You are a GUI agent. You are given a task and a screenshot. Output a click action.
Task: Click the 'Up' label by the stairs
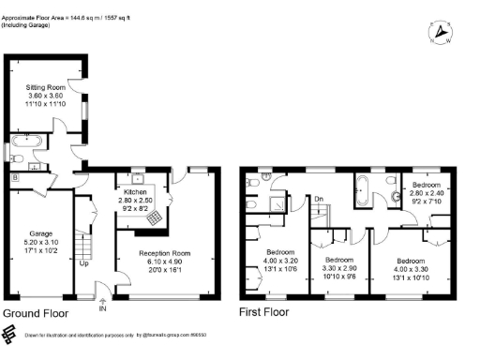(x=84, y=262)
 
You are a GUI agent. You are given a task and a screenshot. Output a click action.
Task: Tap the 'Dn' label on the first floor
(x=319, y=198)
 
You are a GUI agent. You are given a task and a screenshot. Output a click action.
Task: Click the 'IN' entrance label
(x=103, y=308)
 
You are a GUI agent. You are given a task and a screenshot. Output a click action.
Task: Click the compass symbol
(x=438, y=34)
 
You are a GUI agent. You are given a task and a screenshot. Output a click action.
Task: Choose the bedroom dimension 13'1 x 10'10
(x=412, y=275)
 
